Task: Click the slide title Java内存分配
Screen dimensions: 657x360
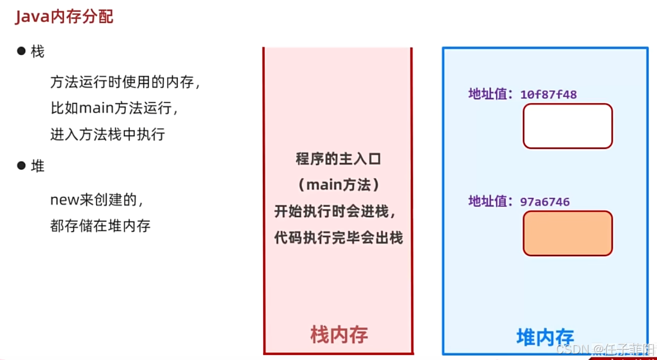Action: pyautogui.click(x=64, y=17)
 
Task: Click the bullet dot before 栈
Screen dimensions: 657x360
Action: pyautogui.click(x=22, y=51)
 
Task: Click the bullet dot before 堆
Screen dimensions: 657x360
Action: pyautogui.click(x=22, y=165)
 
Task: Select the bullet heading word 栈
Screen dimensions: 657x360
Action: pyautogui.click(x=38, y=52)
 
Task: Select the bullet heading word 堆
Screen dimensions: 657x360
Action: pyautogui.click(x=38, y=166)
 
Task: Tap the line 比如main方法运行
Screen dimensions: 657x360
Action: pyautogui.click(x=113, y=108)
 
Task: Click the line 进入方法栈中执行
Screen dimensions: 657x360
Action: pyautogui.click(x=108, y=134)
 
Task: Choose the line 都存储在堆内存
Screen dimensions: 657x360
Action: pyautogui.click(x=100, y=225)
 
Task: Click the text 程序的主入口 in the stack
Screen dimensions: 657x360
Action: pyautogui.click(x=338, y=159)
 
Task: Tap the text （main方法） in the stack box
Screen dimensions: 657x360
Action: pyautogui.click(x=338, y=185)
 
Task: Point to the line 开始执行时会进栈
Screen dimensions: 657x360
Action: pyautogui.click(x=338, y=212)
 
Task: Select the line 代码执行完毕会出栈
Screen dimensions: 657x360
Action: pyautogui.click(x=338, y=238)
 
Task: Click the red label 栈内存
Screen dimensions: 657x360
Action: pyautogui.click(x=339, y=334)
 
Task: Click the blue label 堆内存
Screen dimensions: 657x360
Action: pyautogui.click(x=545, y=337)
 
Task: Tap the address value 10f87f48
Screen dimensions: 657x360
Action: pyautogui.click(x=548, y=95)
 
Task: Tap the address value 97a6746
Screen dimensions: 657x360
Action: pyautogui.click(x=545, y=202)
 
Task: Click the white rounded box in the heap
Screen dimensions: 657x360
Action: pyautogui.click(x=567, y=126)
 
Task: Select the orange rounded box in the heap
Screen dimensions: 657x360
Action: pyautogui.click(x=567, y=233)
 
